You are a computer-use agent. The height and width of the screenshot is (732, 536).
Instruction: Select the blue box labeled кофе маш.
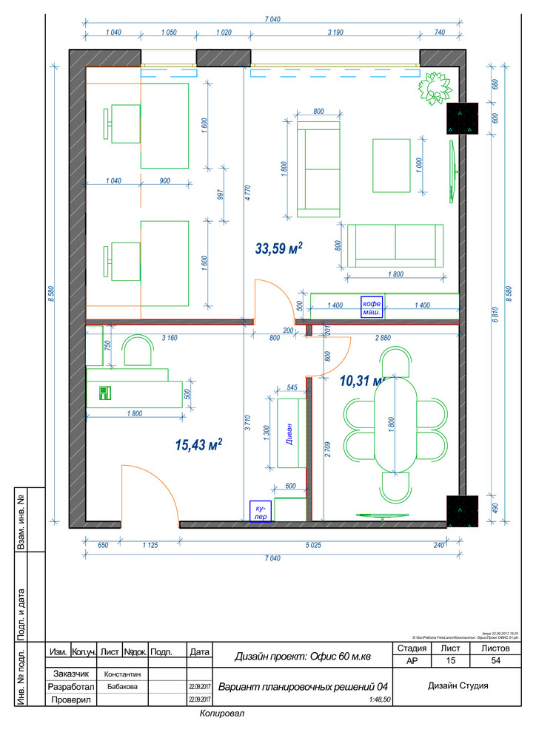(x=372, y=307)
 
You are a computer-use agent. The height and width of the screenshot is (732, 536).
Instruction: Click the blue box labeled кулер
(x=261, y=512)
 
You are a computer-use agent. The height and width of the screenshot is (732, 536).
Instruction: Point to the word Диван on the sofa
(x=290, y=433)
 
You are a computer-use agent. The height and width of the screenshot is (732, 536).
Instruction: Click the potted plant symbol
(x=434, y=89)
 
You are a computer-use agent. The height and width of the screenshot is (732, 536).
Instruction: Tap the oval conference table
(x=396, y=424)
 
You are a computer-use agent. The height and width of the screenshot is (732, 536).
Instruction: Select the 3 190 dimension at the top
(x=339, y=33)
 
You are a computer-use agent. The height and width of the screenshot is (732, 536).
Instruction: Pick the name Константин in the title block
(x=123, y=674)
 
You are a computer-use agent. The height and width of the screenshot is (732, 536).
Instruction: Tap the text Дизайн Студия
(x=458, y=685)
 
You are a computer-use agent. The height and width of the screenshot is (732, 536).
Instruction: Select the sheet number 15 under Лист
(x=450, y=661)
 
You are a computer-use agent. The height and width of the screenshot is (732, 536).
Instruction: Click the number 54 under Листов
(x=496, y=661)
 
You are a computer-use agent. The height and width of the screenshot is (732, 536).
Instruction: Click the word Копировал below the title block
(x=221, y=714)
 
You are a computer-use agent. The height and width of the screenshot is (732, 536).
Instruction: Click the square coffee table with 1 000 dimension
(x=392, y=166)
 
